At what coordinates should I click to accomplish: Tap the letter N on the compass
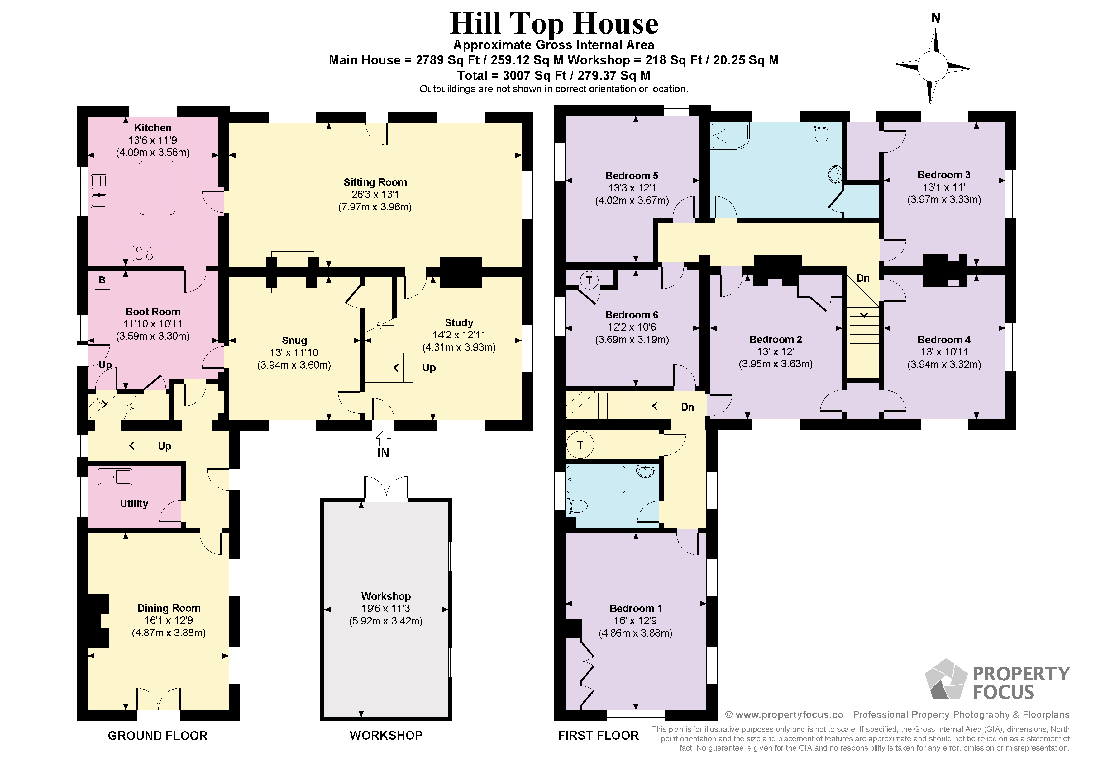tap(935, 18)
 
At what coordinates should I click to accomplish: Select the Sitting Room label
tap(375, 182)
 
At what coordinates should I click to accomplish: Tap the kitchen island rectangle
tap(157, 188)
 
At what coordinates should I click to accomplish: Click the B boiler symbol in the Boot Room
tap(102, 280)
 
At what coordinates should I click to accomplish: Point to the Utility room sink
tap(115, 477)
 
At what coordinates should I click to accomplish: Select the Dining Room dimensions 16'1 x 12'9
tap(169, 620)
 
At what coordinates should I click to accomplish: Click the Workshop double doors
tap(386, 488)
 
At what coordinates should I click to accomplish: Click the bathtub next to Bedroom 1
tap(595, 479)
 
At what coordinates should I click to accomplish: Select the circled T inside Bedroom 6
tap(589, 280)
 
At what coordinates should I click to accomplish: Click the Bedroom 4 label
tap(943, 340)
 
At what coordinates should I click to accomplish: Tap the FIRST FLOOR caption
tap(598, 735)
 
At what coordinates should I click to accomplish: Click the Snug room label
tap(294, 340)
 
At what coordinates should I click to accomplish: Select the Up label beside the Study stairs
tap(428, 368)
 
